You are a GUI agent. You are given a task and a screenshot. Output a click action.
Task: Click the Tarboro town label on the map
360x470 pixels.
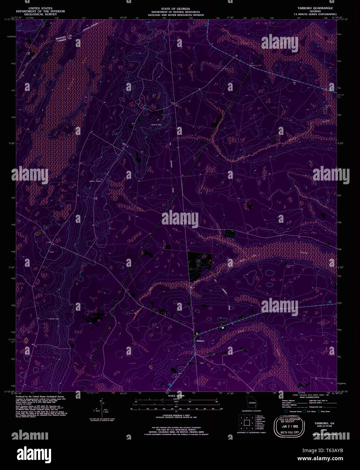200,341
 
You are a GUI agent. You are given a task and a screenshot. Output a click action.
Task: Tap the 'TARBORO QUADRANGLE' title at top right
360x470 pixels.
315,8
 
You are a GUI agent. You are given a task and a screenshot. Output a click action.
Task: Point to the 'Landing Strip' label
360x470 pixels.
156,124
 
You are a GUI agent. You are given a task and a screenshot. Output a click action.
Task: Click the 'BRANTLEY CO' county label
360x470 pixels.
64,38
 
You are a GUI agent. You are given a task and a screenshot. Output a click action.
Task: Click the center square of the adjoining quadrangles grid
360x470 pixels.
246,423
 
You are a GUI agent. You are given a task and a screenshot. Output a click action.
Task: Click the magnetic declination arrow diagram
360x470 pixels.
102,407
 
